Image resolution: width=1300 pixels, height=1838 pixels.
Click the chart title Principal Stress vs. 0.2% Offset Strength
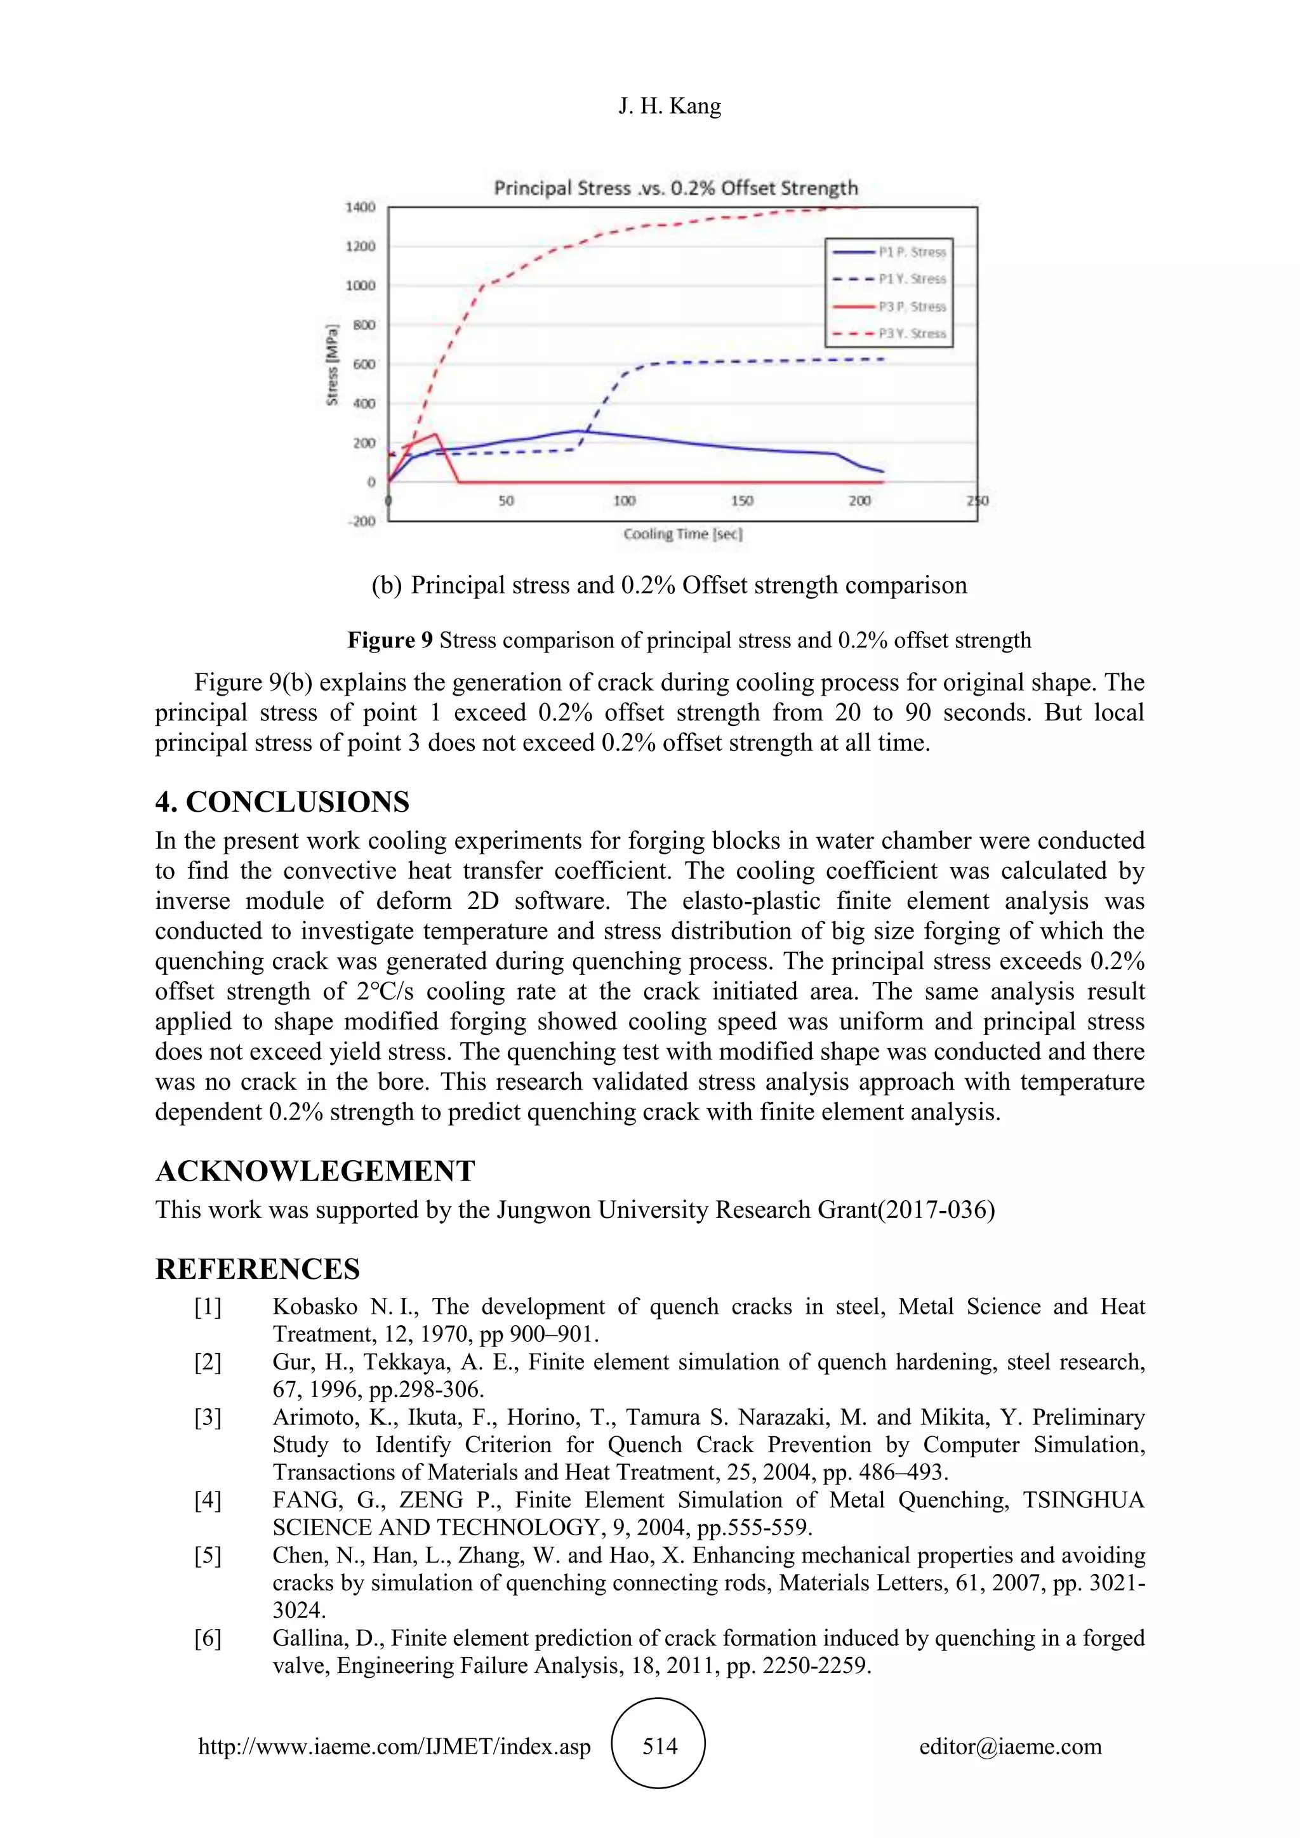tap(675, 188)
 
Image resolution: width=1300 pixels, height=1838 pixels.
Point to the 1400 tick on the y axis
tap(360, 208)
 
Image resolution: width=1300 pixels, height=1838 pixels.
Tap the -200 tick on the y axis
tap(361, 521)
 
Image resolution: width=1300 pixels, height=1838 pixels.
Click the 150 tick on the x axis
tap(742, 501)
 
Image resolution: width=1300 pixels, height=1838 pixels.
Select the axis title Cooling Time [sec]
tap(683, 534)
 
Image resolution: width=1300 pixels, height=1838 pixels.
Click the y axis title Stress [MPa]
tap(332, 364)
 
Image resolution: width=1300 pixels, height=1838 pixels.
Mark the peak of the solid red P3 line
tap(435, 435)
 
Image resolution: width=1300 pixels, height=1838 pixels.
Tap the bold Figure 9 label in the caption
tap(390, 640)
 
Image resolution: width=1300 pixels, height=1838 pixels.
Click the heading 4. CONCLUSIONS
tap(282, 802)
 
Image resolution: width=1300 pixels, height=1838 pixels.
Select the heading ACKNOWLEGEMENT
tap(315, 1171)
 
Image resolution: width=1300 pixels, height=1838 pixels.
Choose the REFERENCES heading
tap(258, 1269)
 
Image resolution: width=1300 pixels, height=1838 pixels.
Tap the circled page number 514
tap(659, 1747)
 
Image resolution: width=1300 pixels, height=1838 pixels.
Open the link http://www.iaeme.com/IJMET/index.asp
tap(395, 1747)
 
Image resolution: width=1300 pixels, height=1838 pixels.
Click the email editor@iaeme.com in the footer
tap(1010, 1747)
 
